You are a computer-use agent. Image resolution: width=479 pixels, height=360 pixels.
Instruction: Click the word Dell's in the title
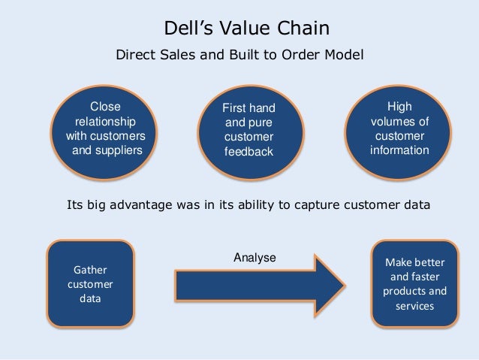(188, 29)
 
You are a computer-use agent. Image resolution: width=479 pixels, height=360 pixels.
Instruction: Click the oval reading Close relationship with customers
(105, 129)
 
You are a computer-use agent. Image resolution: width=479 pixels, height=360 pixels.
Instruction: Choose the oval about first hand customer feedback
(249, 130)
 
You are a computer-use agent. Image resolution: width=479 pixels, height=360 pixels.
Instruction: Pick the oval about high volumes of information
(399, 129)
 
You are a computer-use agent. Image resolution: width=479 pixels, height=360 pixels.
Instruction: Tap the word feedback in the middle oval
(249, 152)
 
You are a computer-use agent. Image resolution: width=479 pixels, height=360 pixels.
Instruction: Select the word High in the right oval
(399, 107)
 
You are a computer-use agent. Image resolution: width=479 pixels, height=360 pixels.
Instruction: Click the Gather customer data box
(90, 283)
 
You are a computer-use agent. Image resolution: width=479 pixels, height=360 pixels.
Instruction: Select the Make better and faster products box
(414, 283)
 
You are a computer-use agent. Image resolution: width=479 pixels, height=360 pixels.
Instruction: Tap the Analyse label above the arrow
(255, 257)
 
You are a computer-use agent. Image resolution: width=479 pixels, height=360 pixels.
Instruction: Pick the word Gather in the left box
(90, 269)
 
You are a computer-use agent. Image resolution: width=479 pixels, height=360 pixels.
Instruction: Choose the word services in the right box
(414, 306)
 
